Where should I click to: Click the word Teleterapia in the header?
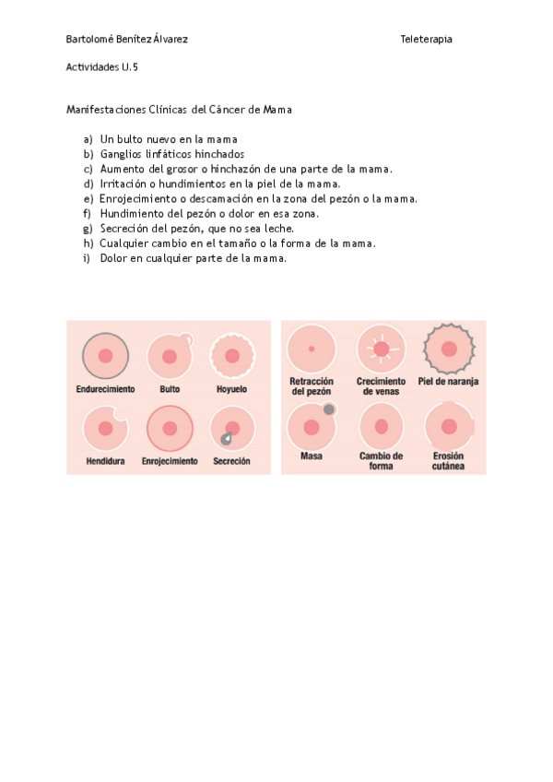(426, 39)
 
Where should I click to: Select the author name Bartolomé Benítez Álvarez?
(127, 39)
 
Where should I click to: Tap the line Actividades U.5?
(102, 67)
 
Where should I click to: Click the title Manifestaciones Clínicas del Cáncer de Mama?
(179, 110)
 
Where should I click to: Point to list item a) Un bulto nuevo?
(160, 139)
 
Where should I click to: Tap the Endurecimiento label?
(105, 389)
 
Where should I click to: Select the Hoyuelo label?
(231, 389)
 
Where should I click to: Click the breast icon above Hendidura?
(105, 427)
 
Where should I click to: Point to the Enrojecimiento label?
(170, 461)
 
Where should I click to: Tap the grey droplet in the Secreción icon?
(225, 439)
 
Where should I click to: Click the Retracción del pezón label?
(312, 386)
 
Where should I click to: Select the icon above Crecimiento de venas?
(381, 350)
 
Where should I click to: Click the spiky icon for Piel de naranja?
(449, 349)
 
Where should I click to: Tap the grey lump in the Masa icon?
(329, 409)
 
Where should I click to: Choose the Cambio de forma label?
(381, 461)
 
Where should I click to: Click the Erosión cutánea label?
(449, 461)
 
